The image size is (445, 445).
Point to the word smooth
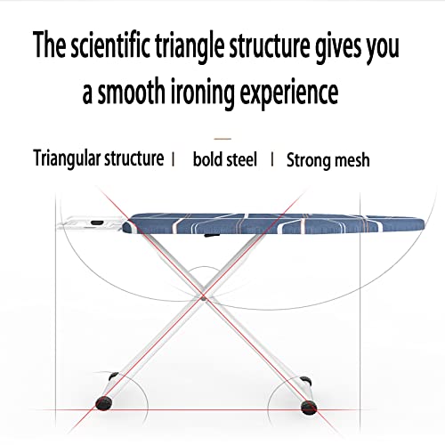pyautogui.click(x=131, y=91)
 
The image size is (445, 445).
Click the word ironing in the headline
pyautogui.click(x=203, y=93)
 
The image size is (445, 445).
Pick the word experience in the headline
pyautogui.click(x=289, y=93)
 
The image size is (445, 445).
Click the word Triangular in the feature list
pyautogui.click(x=67, y=159)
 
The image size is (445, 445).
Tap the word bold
pyautogui.click(x=207, y=159)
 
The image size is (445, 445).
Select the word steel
pyautogui.click(x=241, y=159)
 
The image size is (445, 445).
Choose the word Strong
pyautogui.click(x=308, y=161)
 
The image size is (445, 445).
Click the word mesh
pyautogui.click(x=352, y=160)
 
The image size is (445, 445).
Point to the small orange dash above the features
pyautogui.click(x=222, y=139)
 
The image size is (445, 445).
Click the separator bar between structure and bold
pyautogui.click(x=174, y=159)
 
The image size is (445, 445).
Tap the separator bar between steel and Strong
pyautogui.click(x=272, y=159)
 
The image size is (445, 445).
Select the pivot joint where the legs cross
pyautogui.click(x=203, y=298)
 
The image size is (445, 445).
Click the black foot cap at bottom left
pyautogui.click(x=104, y=403)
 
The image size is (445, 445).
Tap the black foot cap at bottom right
pyautogui.click(x=309, y=407)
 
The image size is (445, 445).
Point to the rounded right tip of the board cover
pyautogui.click(x=421, y=222)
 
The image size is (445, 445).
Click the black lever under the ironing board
pyautogui.click(x=212, y=236)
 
